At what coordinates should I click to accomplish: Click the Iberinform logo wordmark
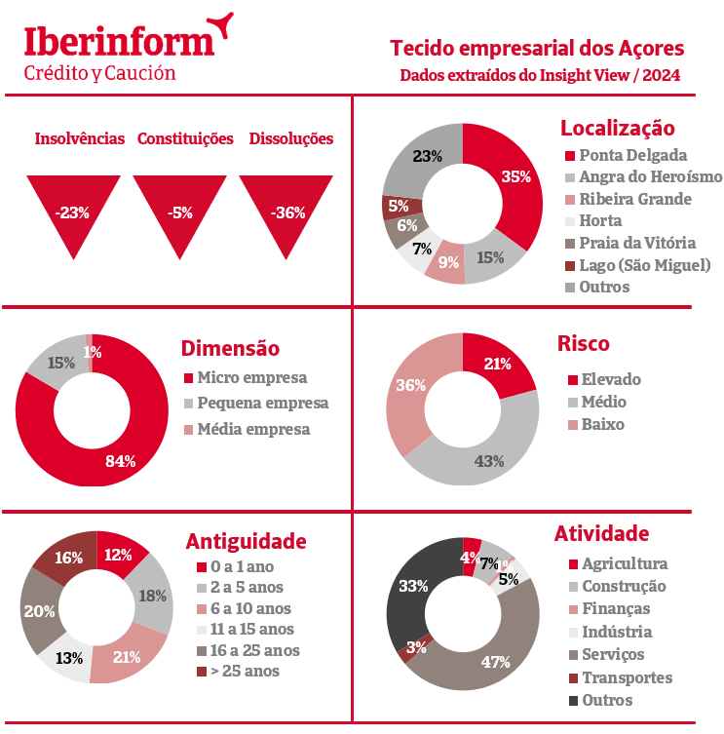[x=118, y=42]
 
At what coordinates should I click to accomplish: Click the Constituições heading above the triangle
[x=185, y=138]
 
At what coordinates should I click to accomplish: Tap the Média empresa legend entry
[x=252, y=429]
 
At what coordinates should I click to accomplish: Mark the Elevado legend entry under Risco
[x=610, y=379]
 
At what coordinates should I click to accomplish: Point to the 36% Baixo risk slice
[x=410, y=386]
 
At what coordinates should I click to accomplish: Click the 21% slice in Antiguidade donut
[x=127, y=656]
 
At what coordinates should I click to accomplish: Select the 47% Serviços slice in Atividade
[x=494, y=661]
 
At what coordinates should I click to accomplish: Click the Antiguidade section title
[x=246, y=541]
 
